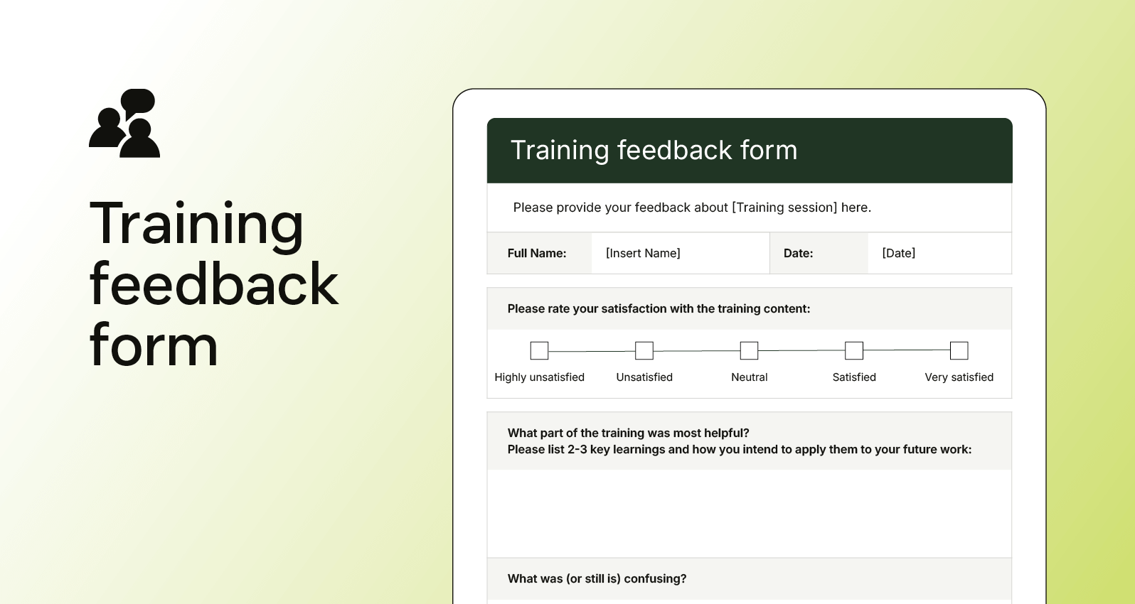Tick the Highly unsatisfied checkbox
point(540,350)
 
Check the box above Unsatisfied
point(644,350)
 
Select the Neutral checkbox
point(750,350)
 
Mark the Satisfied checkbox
point(854,350)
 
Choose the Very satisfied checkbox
point(959,350)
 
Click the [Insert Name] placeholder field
point(643,253)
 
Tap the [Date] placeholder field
point(899,253)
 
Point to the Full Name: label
point(537,253)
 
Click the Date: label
point(798,253)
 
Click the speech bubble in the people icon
point(138,101)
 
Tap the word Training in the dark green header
point(560,151)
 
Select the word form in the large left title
point(154,346)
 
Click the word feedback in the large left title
point(213,284)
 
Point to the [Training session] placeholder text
point(784,207)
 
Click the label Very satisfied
point(959,377)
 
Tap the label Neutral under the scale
point(750,377)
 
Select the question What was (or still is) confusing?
point(597,578)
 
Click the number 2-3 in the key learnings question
point(577,449)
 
